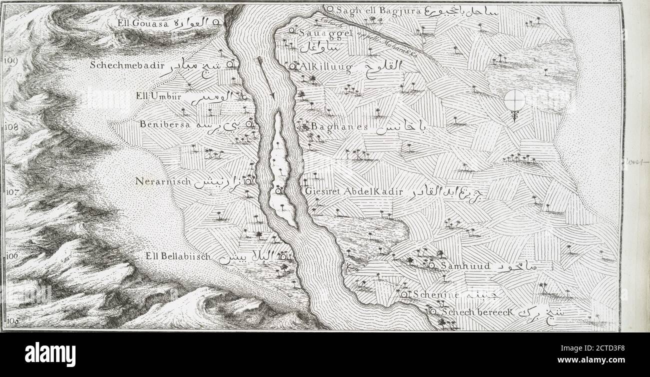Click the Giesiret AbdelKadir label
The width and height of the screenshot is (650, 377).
353,191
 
